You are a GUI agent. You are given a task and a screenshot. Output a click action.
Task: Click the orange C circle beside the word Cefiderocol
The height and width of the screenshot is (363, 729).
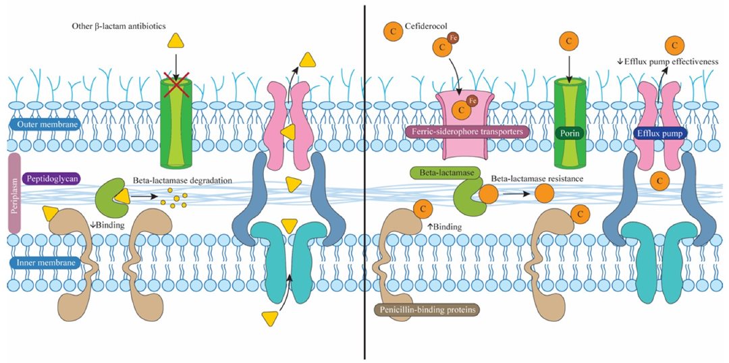[x=391, y=30]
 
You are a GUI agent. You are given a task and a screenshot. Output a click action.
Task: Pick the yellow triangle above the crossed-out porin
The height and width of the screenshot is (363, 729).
[x=175, y=41]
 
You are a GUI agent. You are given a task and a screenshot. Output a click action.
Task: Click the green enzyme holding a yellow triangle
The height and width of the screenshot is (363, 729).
[x=109, y=198]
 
